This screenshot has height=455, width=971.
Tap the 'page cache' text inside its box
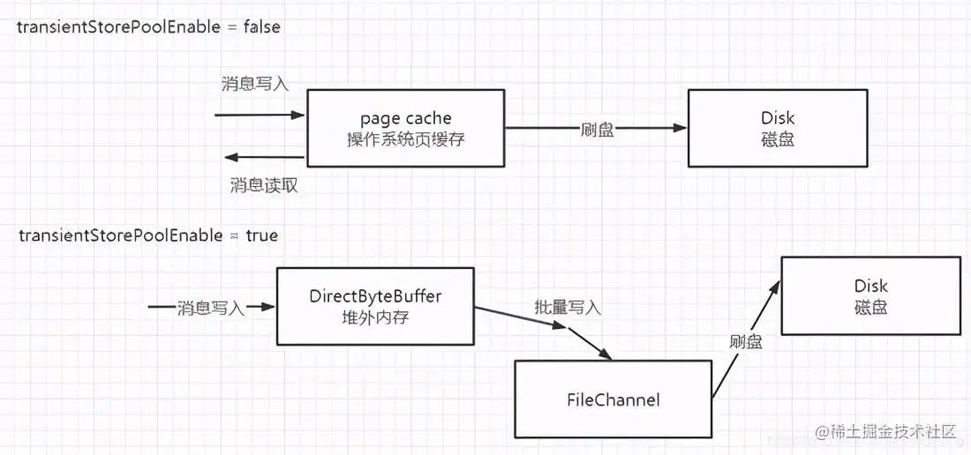(x=405, y=118)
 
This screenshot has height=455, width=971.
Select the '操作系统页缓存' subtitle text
(x=405, y=139)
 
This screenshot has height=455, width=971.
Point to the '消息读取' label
(x=260, y=185)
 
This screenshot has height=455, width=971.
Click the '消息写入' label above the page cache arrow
(x=254, y=85)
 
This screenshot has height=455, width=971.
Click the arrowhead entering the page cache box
(x=298, y=116)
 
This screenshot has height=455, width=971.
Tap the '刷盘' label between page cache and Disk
(x=597, y=129)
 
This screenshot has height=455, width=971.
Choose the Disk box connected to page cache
(x=777, y=128)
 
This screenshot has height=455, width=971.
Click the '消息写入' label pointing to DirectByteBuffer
(x=210, y=308)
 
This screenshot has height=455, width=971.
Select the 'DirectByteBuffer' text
(x=375, y=296)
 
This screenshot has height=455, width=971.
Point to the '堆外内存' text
(x=375, y=317)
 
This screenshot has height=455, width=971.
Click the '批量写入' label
(x=568, y=308)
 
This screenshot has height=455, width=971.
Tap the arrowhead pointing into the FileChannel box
(x=605, y=354)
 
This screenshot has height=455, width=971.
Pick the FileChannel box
(x=613, y=399)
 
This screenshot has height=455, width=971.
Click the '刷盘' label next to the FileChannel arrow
(x=746, y=341)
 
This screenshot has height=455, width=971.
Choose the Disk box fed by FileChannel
(x=870, y=295)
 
